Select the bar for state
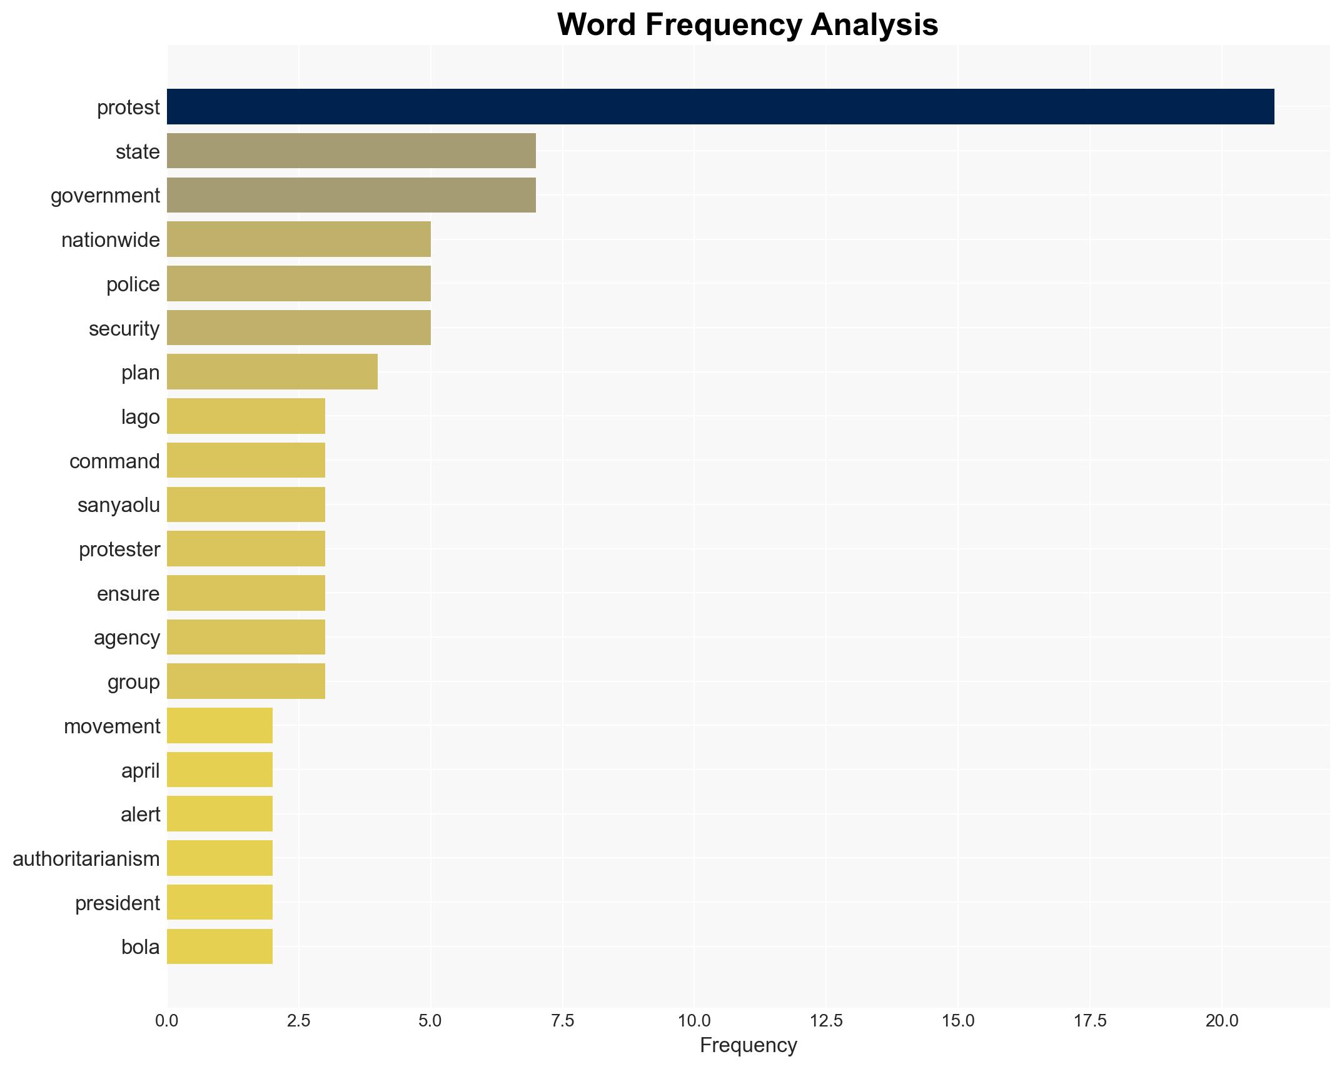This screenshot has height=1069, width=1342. point(351,151)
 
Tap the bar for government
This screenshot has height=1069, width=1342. point(351,195)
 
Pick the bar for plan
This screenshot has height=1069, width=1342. point(272,372)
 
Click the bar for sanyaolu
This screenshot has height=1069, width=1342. point(246,504)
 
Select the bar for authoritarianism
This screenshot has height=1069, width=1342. point(219,858)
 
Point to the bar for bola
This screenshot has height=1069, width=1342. point(219,946)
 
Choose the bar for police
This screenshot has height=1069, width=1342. point(298,284)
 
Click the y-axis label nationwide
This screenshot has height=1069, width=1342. point(110,240)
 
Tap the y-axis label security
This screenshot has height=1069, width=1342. point(124,329)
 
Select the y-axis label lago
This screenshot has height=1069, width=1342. point(140,417)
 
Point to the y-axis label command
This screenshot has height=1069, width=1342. point(114,461)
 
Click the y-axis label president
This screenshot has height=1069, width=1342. point(117,903)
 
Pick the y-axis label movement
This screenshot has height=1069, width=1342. point(112,726)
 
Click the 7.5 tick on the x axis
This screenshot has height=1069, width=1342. point(562,1021)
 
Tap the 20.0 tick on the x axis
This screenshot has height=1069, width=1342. point(1221,1021)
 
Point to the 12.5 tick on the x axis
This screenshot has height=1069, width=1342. point(825,1021)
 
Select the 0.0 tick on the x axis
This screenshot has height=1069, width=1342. point(166,1021)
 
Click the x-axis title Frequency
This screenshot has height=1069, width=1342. point(748,1045)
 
